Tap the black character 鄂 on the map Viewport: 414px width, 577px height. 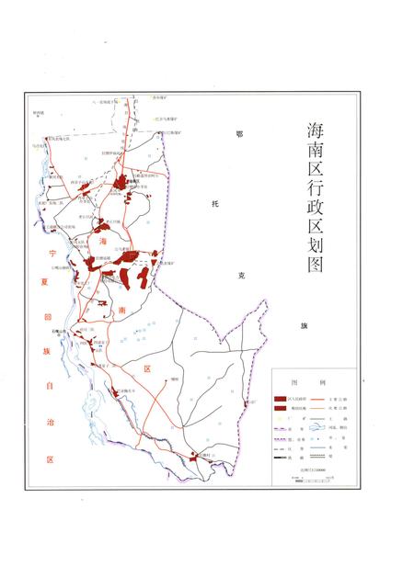[x=238, y=134]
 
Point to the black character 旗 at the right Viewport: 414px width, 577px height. [x=301, y=326]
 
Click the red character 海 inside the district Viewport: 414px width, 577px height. [x=104, y=240]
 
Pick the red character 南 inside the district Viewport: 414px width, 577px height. [x=121, y=311]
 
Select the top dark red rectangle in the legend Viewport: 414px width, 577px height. [x=279, y=399]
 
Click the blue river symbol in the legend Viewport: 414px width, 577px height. [x=317, y=426]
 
